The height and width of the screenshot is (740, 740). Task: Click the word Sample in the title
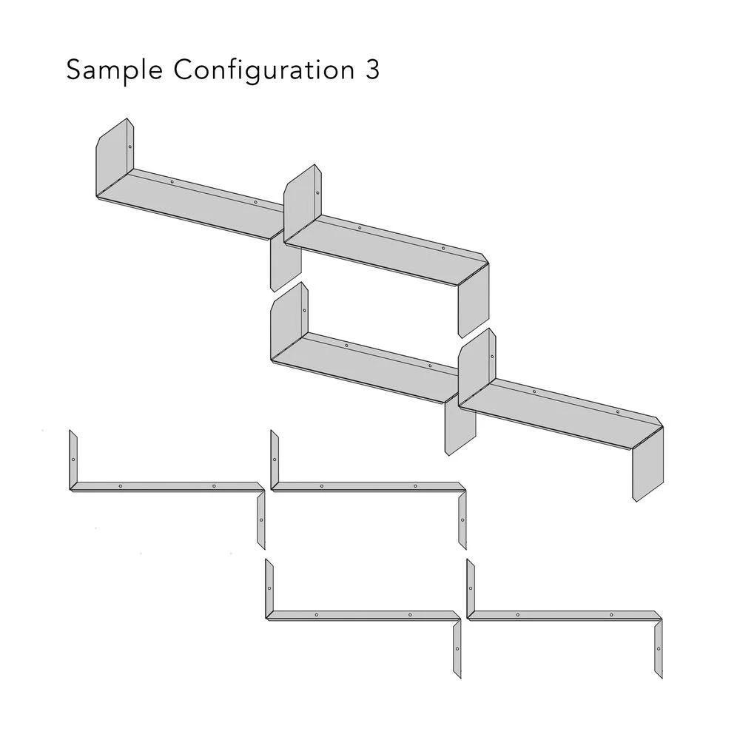(114, 70)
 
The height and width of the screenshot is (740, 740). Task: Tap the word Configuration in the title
(264, 70)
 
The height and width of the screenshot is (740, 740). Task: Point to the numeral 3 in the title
(372, 70)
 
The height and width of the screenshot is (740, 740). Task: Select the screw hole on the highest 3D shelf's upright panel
(130, 147)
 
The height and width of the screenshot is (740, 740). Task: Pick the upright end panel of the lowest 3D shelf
(477, 367)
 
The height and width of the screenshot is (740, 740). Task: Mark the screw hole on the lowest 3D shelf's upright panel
(492, 357)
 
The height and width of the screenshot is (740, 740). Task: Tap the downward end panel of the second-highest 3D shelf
(474, 300)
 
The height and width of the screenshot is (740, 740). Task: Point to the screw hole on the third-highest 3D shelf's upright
(304, 311)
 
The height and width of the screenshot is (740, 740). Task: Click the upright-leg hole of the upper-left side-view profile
(73, 460)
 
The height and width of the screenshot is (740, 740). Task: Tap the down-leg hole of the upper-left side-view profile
(261, 520)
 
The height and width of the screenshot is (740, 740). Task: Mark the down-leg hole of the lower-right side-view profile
(659, 649)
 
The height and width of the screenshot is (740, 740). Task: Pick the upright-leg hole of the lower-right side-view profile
(471, 588)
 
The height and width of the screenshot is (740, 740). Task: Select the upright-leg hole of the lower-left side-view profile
(269, 588)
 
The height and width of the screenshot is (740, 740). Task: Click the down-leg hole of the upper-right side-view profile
(462, 520)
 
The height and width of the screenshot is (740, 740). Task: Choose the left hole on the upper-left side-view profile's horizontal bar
(121, 486)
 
